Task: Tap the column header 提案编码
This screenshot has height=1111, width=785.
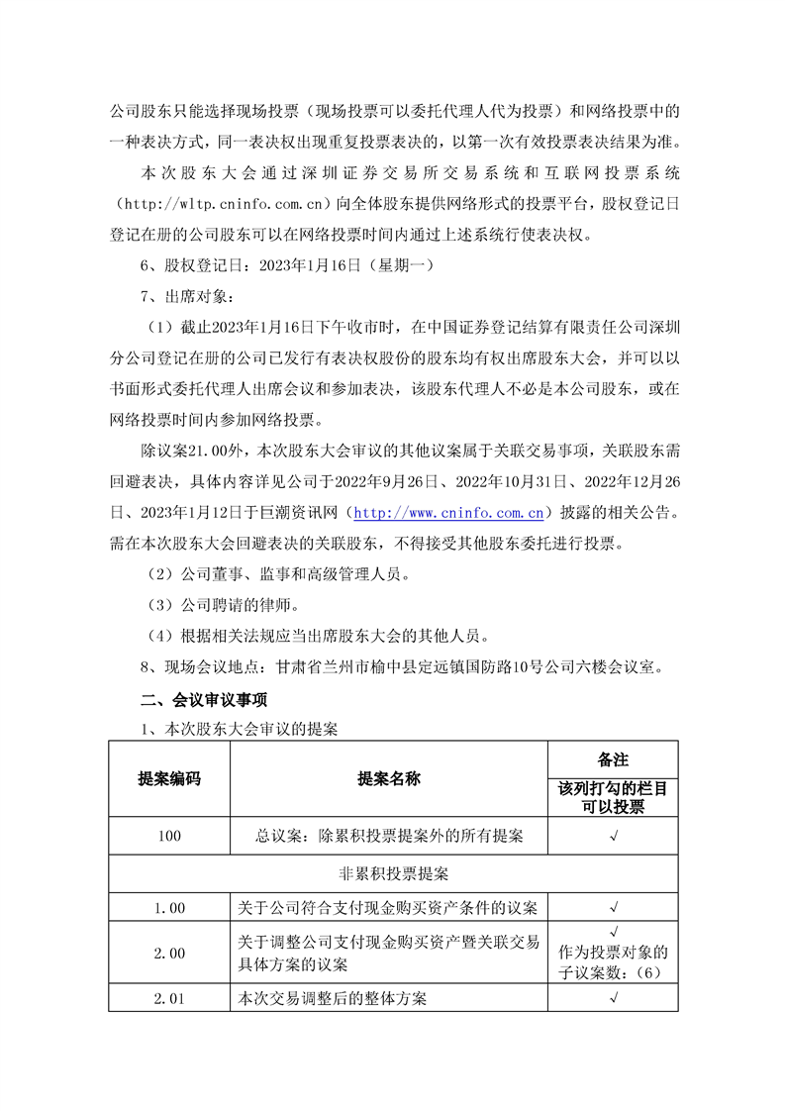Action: point(169,778)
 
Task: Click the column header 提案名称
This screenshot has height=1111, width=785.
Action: point(389,778)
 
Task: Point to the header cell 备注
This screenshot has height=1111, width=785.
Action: point(614,759)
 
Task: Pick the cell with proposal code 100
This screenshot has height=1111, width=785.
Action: point(169,836)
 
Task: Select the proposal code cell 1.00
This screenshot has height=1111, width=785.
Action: point(169,906)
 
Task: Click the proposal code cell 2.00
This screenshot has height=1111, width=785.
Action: point(169,953)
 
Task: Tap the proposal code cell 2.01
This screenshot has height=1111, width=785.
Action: point(169,998)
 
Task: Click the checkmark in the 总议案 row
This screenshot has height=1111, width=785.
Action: point(614,836)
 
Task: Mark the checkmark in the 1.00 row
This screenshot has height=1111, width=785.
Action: point(614,906)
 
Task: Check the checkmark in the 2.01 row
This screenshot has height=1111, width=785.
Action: point(614,998)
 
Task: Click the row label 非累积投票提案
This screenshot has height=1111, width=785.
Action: point(393,874)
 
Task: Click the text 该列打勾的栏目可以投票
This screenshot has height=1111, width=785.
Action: point(614,798)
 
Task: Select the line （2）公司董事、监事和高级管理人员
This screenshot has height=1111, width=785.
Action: point(275,574)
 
